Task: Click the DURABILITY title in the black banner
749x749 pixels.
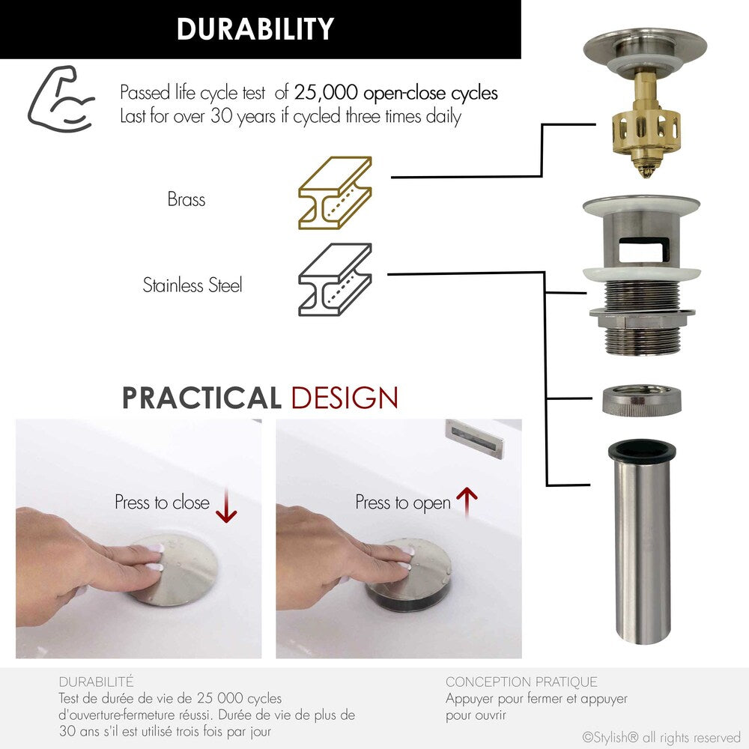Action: coord(255,29)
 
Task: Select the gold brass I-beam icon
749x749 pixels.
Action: coord(335,193)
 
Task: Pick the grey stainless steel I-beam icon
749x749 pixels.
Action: coord(335,279)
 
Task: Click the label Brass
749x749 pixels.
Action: coord(187,200)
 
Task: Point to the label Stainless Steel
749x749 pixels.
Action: coord(192,285)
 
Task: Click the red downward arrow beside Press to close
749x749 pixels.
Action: coord(225,507)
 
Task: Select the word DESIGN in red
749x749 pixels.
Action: coord(344,398)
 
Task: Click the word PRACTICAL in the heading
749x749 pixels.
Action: coord(201,398)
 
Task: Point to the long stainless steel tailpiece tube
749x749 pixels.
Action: coord(642,547)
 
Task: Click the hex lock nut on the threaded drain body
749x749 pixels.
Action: coord(642,313)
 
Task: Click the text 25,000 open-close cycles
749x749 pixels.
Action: coord(395,94)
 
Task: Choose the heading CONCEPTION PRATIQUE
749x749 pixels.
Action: coord(521,682)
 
